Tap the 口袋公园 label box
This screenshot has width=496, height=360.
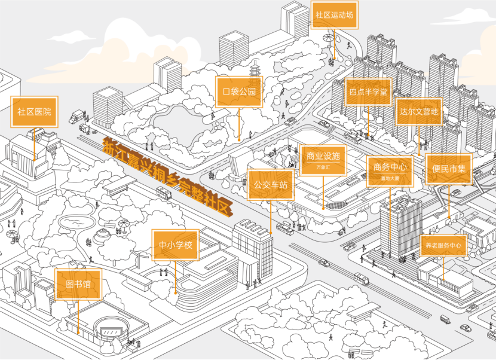(x=239, y=91)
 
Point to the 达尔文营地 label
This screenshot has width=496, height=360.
(x=420, y=111)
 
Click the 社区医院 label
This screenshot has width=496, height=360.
(x=34, y=112)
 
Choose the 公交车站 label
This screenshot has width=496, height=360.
(x=271, y=185)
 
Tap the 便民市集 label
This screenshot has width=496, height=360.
(x=449, y=170)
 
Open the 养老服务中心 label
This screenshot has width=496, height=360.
(x=443, y=245)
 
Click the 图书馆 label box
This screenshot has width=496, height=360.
(x=78, y=284)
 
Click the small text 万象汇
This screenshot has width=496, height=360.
(x=323, y=167)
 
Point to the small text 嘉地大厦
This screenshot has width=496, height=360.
(x=390, y=178)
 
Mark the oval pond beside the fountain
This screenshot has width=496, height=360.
(x=77, y=221)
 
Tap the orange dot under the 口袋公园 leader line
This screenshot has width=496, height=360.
(x=239, y=139)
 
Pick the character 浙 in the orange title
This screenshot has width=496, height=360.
(x=110, y=147)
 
